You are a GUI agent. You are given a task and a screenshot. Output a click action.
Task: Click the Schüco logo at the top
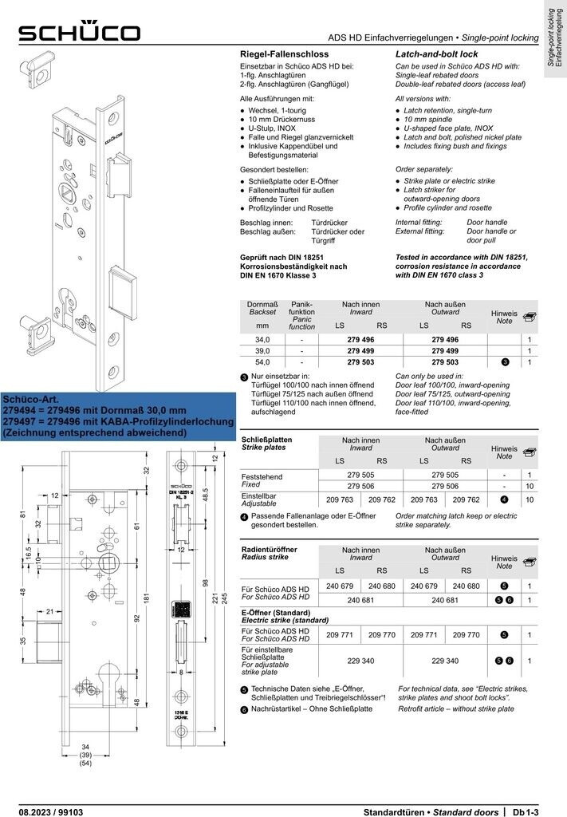(x=80, y=32)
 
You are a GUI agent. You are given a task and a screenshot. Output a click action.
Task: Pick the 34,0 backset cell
(x=262, y=339)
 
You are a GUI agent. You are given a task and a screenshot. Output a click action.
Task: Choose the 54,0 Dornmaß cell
(x=262, y=362)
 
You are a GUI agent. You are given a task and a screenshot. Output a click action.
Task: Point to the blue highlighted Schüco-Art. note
(x=117, y=415)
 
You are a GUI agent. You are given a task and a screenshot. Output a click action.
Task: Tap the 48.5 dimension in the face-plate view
(x=205, y=495)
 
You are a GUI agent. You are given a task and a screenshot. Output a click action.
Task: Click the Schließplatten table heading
(x=266, y=440)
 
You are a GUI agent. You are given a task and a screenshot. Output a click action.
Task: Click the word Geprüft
(x=257, y=256)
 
